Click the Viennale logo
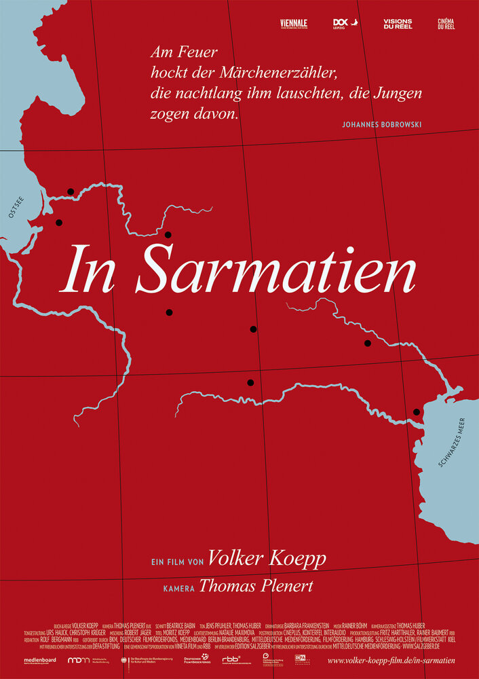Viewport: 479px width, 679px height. tap(293, 24)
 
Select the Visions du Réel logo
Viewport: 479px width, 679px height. tap(397, 24)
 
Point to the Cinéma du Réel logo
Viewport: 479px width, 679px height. tap(446, 24)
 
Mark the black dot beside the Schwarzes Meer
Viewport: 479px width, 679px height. tap(417, 412)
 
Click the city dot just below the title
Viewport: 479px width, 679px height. tap(169, 312)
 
